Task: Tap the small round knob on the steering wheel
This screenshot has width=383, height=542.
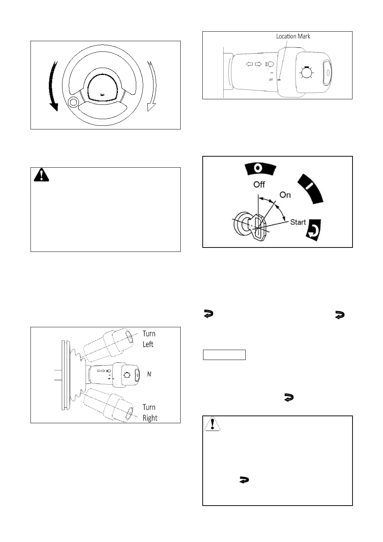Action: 73,103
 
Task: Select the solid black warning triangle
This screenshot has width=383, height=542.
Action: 41,175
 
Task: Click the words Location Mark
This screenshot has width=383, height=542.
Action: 293,36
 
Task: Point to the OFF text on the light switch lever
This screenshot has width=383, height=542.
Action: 271,79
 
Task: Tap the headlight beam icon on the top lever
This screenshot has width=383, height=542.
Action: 270,64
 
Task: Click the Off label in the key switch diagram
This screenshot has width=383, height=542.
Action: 259,184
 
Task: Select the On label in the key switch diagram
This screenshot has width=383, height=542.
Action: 285,195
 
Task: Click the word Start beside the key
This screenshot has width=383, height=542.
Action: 298,222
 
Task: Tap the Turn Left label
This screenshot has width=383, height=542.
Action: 149,339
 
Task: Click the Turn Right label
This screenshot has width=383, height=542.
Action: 149,412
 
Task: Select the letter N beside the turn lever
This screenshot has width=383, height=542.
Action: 149,374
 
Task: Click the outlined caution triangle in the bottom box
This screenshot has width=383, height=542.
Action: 212,424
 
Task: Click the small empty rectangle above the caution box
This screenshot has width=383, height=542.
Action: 224,355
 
